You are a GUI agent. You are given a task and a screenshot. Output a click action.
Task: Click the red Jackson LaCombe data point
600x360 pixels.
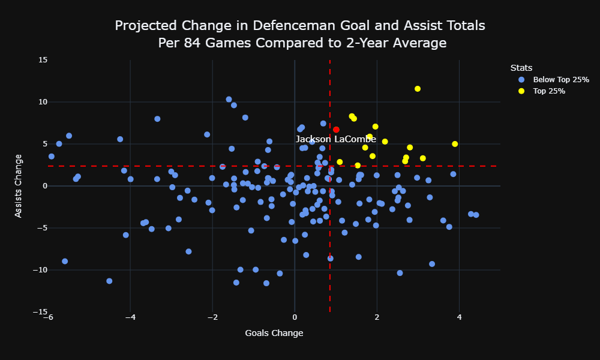click(x=336, y=130)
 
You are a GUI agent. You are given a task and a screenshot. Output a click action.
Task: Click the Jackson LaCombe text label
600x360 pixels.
click(x=336, y=139)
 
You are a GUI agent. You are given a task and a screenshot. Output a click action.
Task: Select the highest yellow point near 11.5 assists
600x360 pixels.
click(x=418, y=89)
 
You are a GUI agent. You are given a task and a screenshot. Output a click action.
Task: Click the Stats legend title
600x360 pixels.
click(x=521, y=68)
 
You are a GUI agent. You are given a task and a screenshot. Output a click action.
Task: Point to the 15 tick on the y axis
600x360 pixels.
click(x=43, y=59)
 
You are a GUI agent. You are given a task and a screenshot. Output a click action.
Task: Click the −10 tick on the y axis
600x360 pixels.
click(x=40, y=270)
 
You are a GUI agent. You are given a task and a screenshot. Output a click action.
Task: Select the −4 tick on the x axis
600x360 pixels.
click(x=130, y=317)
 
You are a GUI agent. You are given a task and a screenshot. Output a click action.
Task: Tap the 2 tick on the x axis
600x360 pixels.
click(x=377, y=317)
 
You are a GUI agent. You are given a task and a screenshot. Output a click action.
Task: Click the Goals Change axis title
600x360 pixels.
click(x=274, y=333)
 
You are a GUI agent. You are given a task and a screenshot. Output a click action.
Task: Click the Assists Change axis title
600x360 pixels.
click(x=18, y=186)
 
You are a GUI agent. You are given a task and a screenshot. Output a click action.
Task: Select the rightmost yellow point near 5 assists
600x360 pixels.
click(x=455, y=144)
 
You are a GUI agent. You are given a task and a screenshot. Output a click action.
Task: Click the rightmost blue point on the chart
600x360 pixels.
click(x=476, y=215)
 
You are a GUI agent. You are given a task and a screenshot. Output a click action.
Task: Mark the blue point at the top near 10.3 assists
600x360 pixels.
click(x=229, y=100)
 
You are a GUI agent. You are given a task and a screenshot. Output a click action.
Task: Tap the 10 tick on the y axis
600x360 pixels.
click(x=43, y=102)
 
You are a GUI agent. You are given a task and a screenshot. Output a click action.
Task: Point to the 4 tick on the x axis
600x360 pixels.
click(x=459, y=317)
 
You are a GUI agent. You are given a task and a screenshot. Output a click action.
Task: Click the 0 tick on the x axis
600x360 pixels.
click(x=295, y=317)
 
